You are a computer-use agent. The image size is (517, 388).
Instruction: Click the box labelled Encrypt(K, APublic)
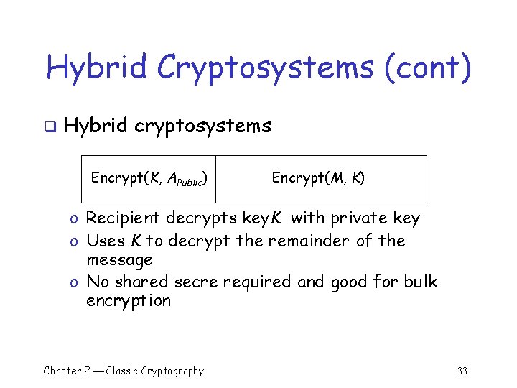(x=149, y=179)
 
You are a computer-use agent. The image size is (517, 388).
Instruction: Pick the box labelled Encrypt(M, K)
(x=321, y=179)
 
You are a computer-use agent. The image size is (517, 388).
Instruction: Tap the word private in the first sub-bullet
(x=346, y=218)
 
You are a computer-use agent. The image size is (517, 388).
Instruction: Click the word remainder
(x=313, y=240)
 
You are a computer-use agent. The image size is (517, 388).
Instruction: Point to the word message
(x=119, y=259)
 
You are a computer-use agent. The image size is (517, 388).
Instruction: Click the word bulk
(x=419, y=281)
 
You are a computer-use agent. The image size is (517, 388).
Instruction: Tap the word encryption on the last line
(x=129, y=301)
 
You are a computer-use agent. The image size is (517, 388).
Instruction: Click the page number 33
(x=462, y=371)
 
